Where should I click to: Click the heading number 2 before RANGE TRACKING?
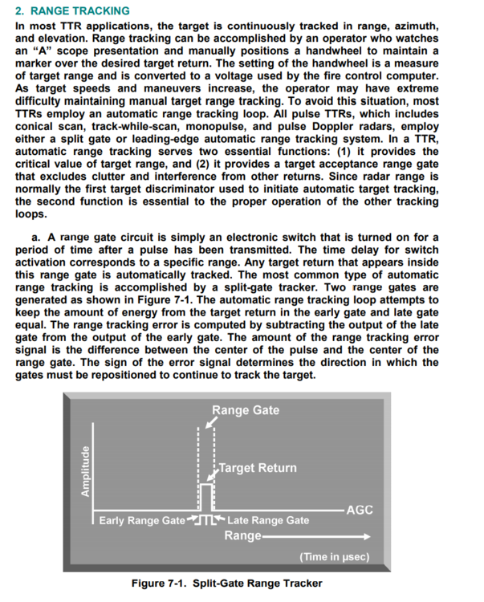tap(20, 11)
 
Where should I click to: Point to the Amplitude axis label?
tap(83, 473)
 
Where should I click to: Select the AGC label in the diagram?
tap(358, 510)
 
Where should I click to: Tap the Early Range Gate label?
tap(141, 521)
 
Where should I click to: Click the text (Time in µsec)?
tap(334, 555)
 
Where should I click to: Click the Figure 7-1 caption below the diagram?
tap(226, 582)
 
